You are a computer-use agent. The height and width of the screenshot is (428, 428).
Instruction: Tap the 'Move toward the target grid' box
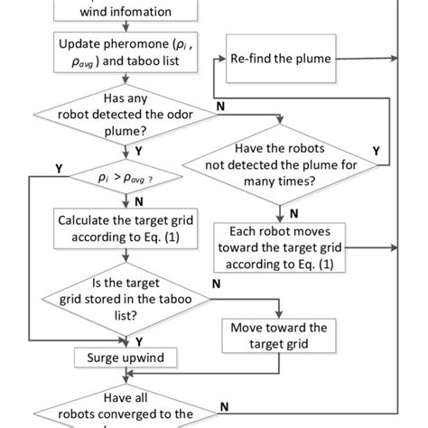(279, 336)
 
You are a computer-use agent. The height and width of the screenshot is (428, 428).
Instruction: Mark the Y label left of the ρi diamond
(59, 168)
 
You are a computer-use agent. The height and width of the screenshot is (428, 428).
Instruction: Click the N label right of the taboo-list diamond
(215, 283)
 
